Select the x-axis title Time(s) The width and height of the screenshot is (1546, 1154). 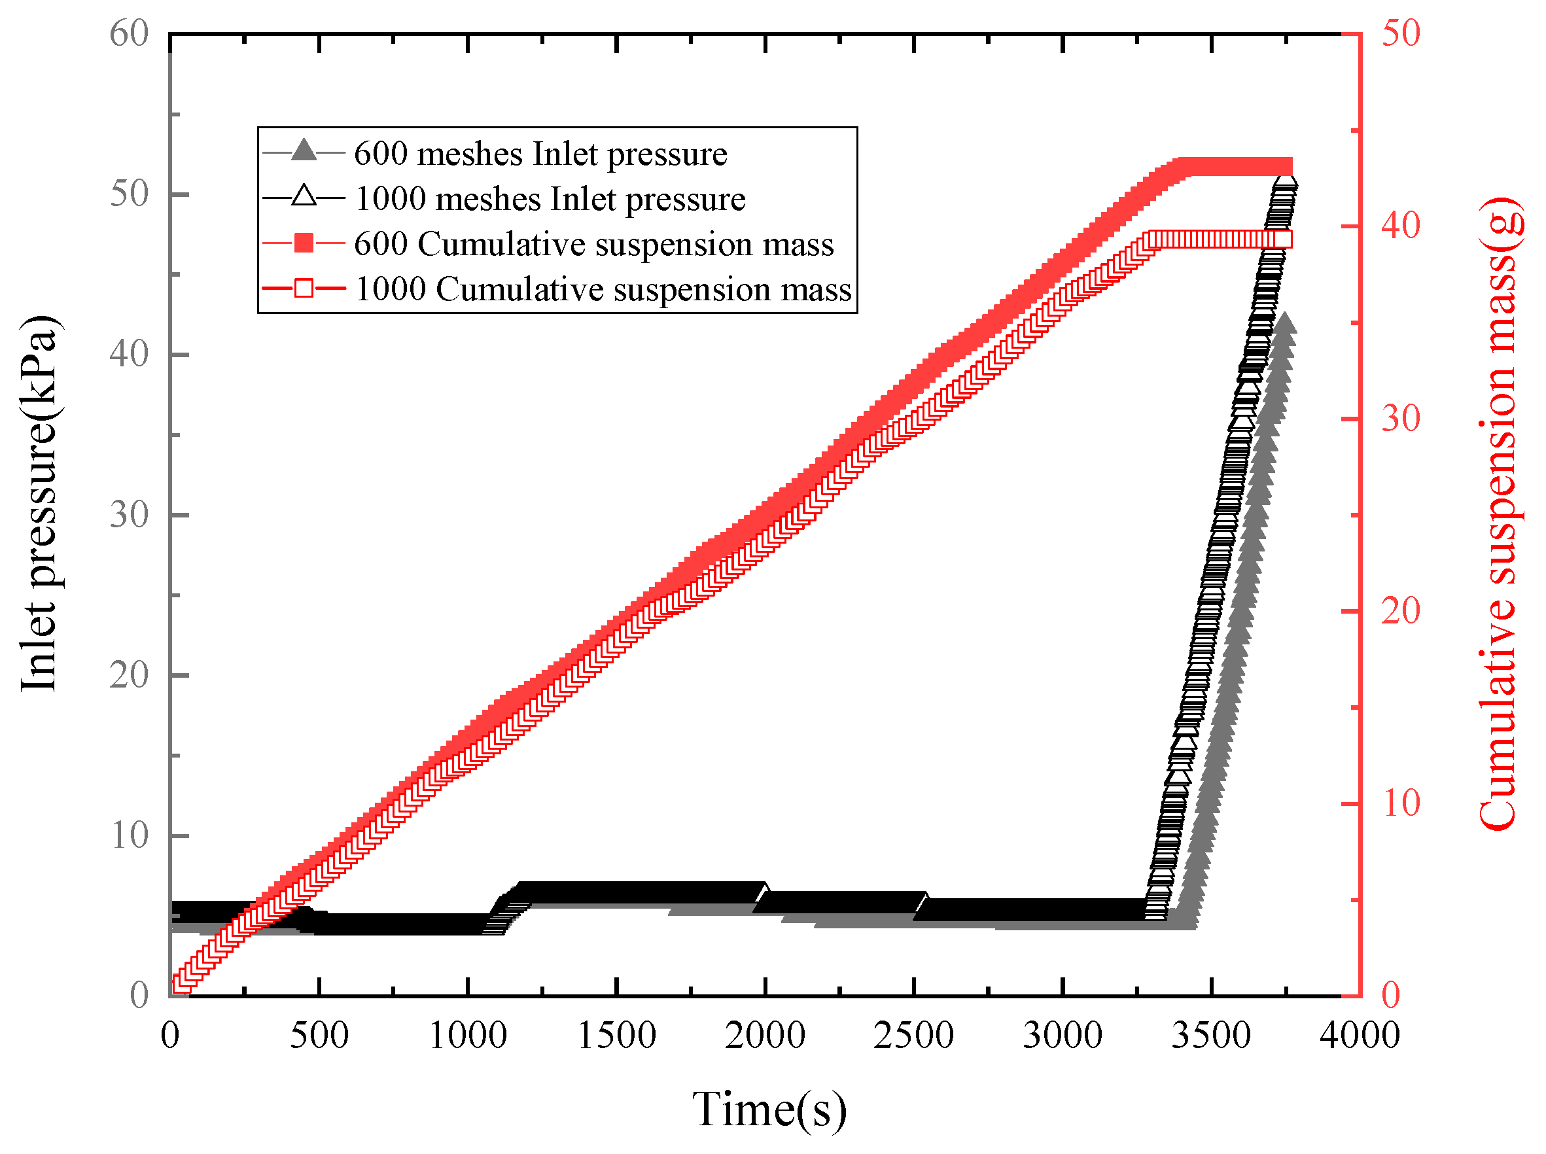[769, 1109]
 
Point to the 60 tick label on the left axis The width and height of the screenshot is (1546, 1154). [130, 33]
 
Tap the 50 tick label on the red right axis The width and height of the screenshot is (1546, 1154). [1400, 33]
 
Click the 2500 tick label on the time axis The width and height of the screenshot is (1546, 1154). [913, 1035]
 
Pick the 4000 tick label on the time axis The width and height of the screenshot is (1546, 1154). [1359, 1035]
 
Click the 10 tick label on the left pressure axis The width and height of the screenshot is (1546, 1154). [130, 835]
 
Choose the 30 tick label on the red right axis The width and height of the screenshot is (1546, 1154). [1400, 419]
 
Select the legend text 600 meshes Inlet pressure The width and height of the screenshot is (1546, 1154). [540, 154]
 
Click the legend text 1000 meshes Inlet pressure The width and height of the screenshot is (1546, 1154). [550, 199]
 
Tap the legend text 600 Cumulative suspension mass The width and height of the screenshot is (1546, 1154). [593, 245]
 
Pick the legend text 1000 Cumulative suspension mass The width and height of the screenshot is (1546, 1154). [603, 289]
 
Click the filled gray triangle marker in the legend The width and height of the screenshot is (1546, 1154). [303, 151]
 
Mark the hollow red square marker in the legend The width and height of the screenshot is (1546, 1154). [303, 288]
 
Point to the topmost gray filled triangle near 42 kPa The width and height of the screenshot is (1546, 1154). [1284, 325]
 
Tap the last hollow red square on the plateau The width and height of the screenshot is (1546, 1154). [1284, 239]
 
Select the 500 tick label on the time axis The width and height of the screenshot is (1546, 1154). [319, 1035]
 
